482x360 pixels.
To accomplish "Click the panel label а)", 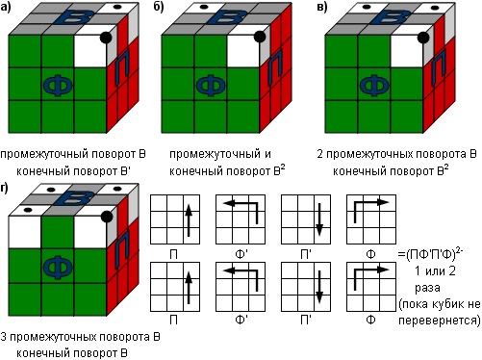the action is (x=6, y=7).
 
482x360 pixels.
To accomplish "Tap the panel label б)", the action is (x=159, y=7).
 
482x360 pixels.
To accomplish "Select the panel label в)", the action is (x=322, y=7).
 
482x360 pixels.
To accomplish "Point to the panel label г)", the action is (x=5, y=188).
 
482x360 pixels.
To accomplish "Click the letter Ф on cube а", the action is (x=58, y=86).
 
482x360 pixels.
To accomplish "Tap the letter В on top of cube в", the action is (x=390, y=17).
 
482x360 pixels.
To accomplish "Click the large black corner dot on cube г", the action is (x=107, y=217).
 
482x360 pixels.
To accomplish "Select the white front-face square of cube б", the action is (x=243, y=51).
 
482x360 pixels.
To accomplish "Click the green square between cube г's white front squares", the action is (x=58, y=232).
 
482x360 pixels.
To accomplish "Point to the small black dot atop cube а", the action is (x=117, y=7).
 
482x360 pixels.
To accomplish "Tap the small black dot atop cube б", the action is (x=204, y=7).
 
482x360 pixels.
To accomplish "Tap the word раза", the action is (x=427, y=288).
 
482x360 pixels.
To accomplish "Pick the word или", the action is (x=435, y=271).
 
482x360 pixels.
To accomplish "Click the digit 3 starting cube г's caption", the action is (x=4, y=337).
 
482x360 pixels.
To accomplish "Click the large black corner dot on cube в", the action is (x=423, y=38).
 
